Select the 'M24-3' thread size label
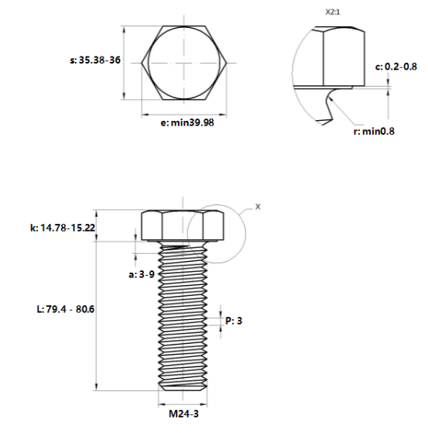tap(183, 413)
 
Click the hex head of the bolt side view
tap(183, 225)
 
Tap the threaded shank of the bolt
tap(183, 318)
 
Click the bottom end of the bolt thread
tap(183, 387)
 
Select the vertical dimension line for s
tap(124, 61)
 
